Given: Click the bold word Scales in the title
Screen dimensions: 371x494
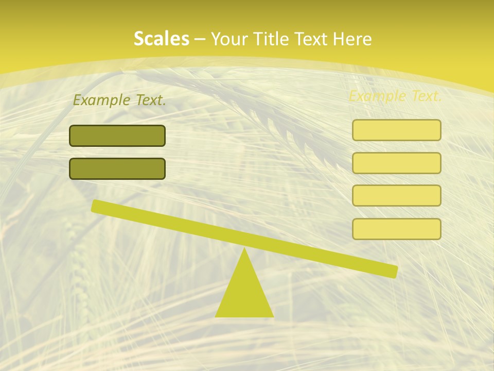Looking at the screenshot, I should (x=161, y=39).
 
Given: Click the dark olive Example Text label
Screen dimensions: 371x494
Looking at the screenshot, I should (x=119, y=100).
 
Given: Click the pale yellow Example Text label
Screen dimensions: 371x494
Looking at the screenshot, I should (x=395, y=96).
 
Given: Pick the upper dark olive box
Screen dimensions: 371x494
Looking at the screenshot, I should (x=117, y=136).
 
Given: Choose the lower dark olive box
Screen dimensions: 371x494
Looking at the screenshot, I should (x=117, y=169).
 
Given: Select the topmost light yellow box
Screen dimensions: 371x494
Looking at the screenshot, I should (x=397, y=130).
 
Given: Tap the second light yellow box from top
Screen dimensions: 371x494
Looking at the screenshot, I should (x=397, y=163).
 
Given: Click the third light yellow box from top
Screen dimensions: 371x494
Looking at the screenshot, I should (x=397, y=196).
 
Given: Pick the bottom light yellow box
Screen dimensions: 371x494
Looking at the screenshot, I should (x=397, y=229).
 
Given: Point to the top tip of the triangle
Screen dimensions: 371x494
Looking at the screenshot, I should (x=244, y=249).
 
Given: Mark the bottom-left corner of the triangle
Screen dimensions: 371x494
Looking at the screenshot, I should (x=216, y=316).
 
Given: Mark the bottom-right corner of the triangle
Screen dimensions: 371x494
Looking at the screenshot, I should (x=273, y=316).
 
